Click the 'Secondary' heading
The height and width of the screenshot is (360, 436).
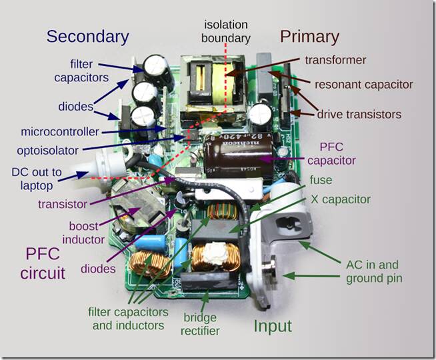click(87, 37)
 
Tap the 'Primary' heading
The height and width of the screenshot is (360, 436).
click(309, 37)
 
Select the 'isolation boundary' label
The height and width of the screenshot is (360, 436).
click(226, 31)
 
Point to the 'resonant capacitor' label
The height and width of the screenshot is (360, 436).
click(363, 85)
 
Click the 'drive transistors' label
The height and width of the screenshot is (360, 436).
click(359, 114)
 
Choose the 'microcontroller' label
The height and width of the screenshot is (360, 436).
click(60, 131)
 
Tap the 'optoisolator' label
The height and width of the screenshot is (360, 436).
click(47, 151)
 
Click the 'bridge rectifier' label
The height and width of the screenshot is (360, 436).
click(200, 324)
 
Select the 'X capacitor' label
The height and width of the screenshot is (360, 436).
click(341, 199)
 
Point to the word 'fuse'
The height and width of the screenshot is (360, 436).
click(321, 180)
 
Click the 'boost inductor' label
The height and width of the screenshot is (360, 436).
click(83, 233)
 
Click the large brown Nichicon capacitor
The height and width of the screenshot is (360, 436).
click(238, 157)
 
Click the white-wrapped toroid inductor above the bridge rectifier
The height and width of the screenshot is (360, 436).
click(216, 257)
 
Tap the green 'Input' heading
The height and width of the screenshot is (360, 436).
click(273, 326)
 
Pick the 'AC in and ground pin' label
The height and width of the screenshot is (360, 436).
click(374, 271)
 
